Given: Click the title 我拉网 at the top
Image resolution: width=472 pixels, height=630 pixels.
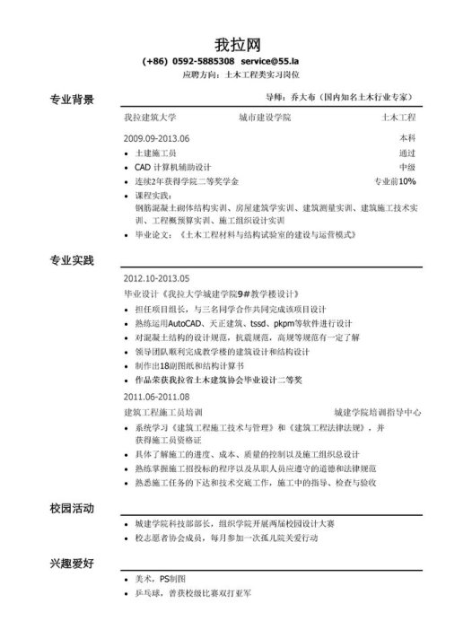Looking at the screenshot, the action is [x=238, y=44].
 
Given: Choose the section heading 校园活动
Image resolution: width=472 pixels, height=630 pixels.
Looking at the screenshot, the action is [x=72, y=508].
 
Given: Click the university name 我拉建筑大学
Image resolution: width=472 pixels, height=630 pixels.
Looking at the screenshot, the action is [x=150, y=118].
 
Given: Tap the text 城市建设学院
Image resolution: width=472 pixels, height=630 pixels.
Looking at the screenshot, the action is [x=266, y=118].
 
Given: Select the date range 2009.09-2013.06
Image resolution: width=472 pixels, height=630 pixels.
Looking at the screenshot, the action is [x=157, y=139].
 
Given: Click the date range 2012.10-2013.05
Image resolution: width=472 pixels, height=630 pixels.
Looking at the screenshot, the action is [x=157, y=278].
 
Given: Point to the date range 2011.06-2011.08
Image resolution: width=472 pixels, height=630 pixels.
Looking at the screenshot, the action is [x=157, y=397].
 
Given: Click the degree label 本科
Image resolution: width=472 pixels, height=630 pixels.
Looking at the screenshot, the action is [x=406, y=139].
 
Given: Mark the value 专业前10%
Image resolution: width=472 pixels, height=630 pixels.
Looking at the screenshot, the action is [x=395, y=181].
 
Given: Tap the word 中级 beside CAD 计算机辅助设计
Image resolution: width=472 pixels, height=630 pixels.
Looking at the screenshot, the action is [x=406, y=167].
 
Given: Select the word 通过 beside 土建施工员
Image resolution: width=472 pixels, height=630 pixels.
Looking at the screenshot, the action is [x=406, y=153].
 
